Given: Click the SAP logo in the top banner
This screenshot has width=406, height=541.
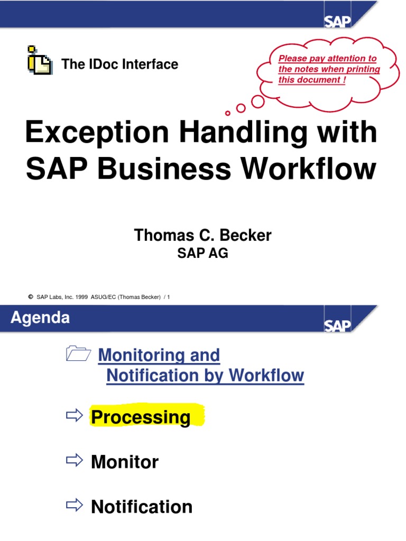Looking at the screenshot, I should coord(338,21).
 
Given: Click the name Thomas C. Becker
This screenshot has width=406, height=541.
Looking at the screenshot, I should coord(202,235).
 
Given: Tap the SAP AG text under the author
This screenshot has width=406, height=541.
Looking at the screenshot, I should coord(202,253).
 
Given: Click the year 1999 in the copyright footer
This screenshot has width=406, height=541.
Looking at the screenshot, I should coord(81,297).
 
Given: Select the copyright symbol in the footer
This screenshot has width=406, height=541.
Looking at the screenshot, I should coord(31,297).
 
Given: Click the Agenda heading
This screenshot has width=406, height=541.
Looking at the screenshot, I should coord(41,318).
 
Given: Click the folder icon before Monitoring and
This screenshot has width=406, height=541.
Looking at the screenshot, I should coord(78,354).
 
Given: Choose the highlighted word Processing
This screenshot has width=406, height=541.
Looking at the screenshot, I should coord(141,417).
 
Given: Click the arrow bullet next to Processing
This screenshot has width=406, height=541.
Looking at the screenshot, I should coord(75,416).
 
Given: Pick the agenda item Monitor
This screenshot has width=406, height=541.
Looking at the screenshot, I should coord(125,462).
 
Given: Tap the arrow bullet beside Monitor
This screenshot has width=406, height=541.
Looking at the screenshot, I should coord(75,461).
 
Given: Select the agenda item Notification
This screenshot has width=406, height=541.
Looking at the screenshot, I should coord(142,507).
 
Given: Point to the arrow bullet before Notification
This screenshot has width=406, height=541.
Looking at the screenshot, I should coord(75,506).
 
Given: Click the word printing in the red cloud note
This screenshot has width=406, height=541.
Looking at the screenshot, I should coord(363,69).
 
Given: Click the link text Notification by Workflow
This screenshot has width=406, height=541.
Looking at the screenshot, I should coord(205,376).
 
